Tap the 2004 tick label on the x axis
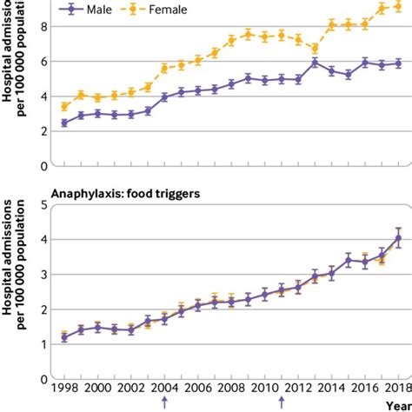click(x=164, y=389)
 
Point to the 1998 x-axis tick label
click(x=64, y=389)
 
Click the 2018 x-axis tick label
click(x=397, y=389)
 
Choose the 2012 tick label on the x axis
click(x=297, y=389)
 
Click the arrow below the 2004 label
click(x=163, y=403)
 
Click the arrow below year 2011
click(x=281, y=403)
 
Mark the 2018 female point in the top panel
click(x=397, y=8)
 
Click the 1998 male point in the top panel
click(x=64, y=123)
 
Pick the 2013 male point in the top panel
click(x=314, y=63)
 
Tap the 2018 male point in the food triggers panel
click(x=397, y=237)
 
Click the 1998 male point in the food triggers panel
click(x=64, y=337)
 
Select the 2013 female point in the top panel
click(x=314, y=48)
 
